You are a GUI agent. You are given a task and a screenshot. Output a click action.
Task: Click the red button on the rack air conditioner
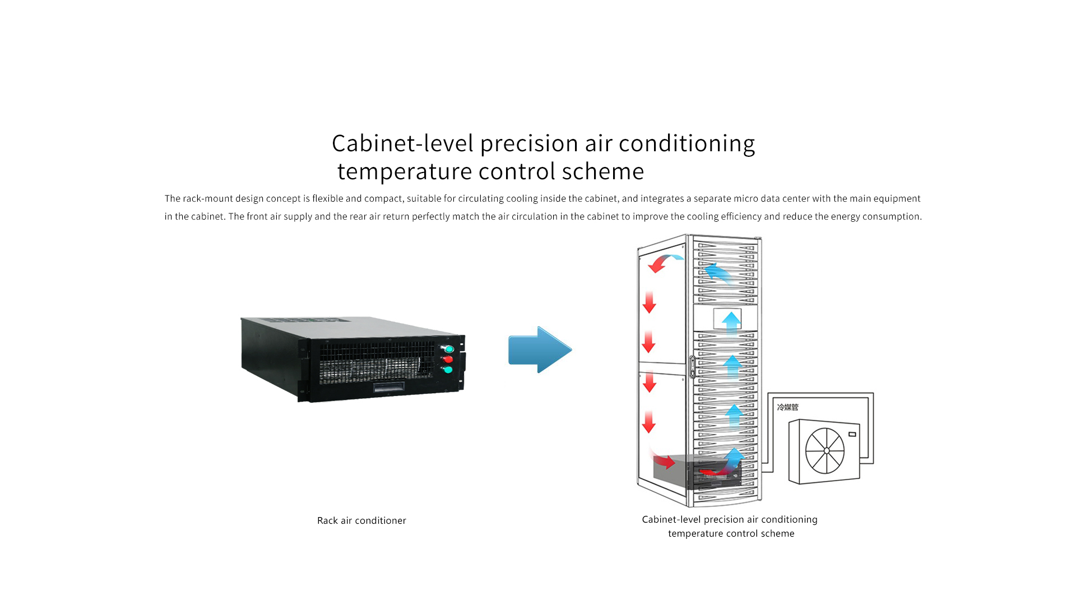[447, 359]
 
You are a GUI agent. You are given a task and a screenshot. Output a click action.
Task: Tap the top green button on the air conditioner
[449, 349]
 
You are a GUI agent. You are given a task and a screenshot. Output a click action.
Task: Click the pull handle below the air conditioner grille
[389, 387]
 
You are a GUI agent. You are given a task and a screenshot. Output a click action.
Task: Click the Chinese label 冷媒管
[787, 407]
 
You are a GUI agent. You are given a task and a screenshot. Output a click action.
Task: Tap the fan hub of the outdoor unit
[826, 450]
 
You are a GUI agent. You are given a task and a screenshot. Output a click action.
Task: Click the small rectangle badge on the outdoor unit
[852, 434]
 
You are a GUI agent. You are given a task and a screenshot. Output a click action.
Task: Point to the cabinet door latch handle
[693, 367]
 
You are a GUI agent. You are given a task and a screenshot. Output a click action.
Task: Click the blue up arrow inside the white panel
[731, 321]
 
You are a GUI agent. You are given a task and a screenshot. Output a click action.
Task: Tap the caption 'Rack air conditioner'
[361, 520]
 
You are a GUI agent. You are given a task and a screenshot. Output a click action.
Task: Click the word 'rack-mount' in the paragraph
[207, 198]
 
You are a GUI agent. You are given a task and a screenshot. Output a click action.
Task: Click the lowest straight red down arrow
[649, 422]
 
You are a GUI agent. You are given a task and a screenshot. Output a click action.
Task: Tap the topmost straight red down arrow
[650, 302]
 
